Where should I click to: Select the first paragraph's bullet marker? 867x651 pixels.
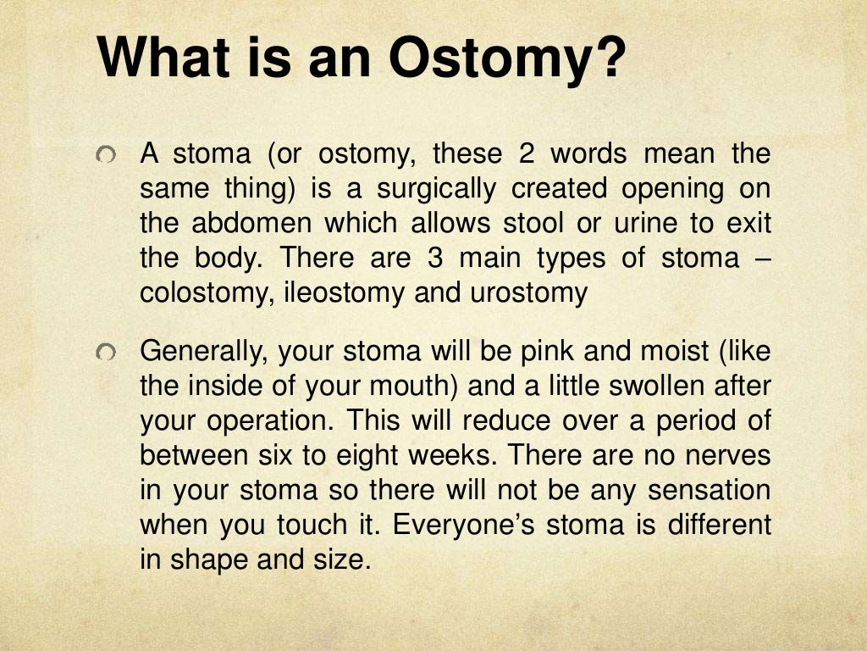(104, 155)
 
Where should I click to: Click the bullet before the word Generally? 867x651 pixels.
(104, 351)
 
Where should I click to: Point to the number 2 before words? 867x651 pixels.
(521, 154)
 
